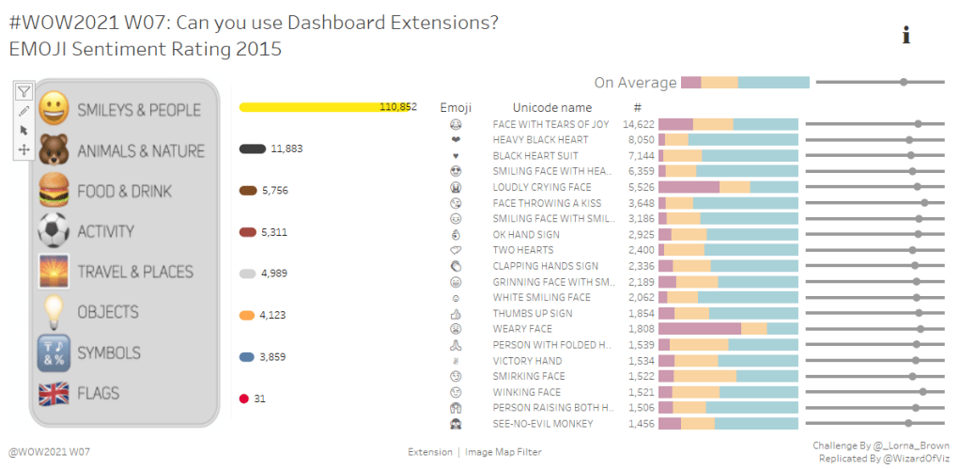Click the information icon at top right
[x=906, y=36]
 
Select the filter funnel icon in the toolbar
[x=24, y=91]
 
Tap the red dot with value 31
[x=244, y=399]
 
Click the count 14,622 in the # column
[x=638, y=124]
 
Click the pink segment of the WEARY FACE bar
[x=699, y=329]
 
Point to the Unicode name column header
[x=552, y=108]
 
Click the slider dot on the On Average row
[x=904, y=83]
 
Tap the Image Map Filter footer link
[x=503, y=452]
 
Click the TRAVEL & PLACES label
[x=135, y=272]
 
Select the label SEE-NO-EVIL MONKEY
[x=543, y=424]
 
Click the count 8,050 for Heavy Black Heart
[x=641, y=140]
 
